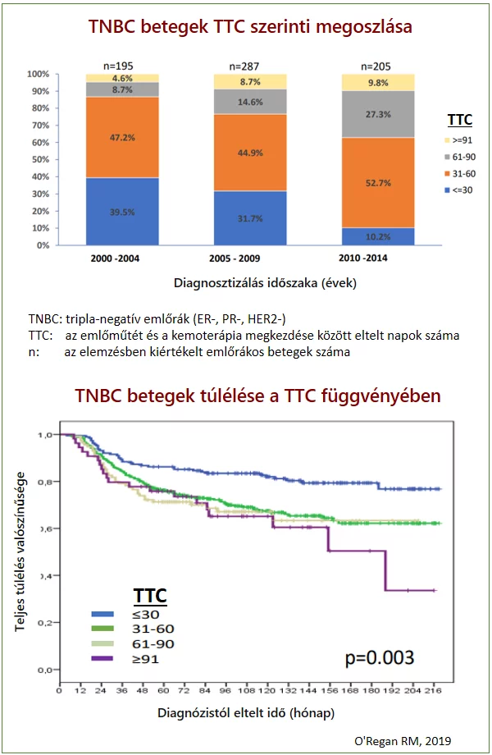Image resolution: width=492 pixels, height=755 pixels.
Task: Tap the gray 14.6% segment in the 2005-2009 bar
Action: click(250, 101)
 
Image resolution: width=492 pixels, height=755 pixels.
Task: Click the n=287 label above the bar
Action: click(249, 65)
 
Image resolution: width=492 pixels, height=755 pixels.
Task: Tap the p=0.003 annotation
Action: click(378, 657)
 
